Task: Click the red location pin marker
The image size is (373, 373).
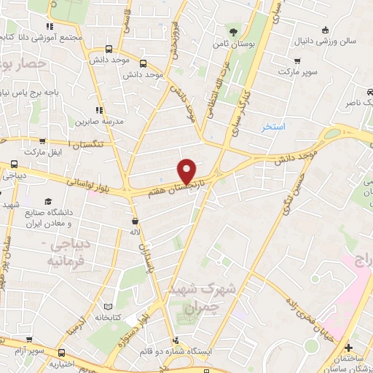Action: [188, 170]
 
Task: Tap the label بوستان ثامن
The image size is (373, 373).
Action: [234, 44]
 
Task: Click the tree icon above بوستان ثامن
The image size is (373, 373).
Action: [233, 31]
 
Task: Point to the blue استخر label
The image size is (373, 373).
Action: [274, 127]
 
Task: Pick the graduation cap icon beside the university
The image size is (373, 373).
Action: [48, 200]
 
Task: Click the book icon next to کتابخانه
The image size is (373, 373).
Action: [108, 307]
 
